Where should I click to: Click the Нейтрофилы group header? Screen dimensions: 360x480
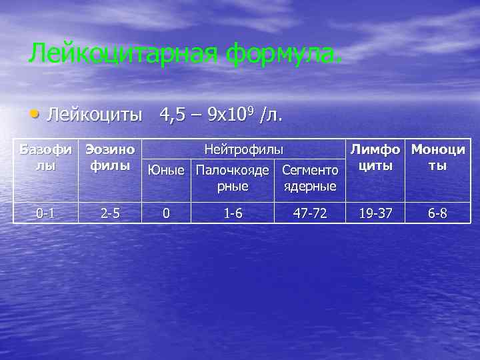tap(243, 149)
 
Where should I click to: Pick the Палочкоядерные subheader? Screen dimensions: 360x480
tap(233, 177)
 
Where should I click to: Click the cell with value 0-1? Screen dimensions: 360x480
tap(45, 213)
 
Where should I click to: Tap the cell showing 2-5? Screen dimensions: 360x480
tap(111, 213)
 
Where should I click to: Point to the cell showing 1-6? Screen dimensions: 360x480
tap(233, 213)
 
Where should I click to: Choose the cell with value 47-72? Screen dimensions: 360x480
tap(310, 213)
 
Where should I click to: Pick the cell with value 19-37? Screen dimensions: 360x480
tap(375, 213)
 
